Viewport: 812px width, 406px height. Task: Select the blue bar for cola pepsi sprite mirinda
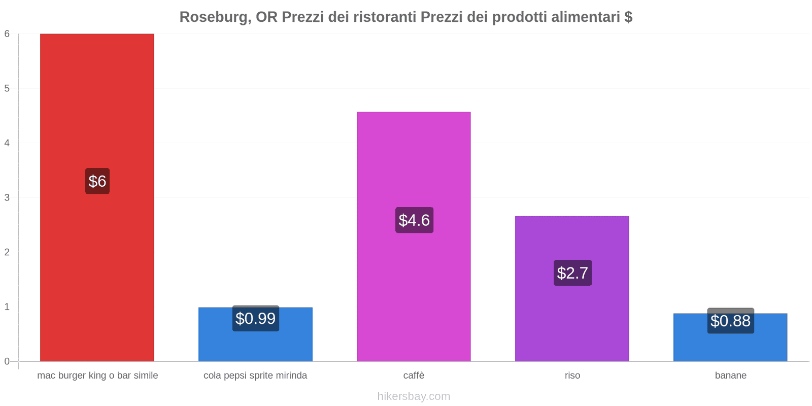[255, 345]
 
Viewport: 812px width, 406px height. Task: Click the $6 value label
[97, 181]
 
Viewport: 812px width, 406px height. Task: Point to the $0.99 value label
[255, 319]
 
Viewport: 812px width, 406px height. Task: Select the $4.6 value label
[414, 220]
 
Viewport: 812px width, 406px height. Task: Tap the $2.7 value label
[572, 273]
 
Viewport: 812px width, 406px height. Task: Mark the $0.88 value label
[730, 321]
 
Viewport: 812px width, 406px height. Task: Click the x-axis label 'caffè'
[414, 376]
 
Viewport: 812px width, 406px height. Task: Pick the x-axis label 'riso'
[572, 376]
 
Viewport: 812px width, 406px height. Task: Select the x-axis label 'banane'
[730, 376]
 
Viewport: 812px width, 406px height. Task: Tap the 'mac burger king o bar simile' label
[97, 376]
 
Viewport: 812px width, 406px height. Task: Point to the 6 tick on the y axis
[7, 34]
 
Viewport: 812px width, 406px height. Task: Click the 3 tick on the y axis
[7, 197]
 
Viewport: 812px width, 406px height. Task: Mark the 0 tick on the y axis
[7, 361]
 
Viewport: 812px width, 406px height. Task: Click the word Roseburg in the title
[213, 17]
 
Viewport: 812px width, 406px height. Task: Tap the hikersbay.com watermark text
[414, 396]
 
